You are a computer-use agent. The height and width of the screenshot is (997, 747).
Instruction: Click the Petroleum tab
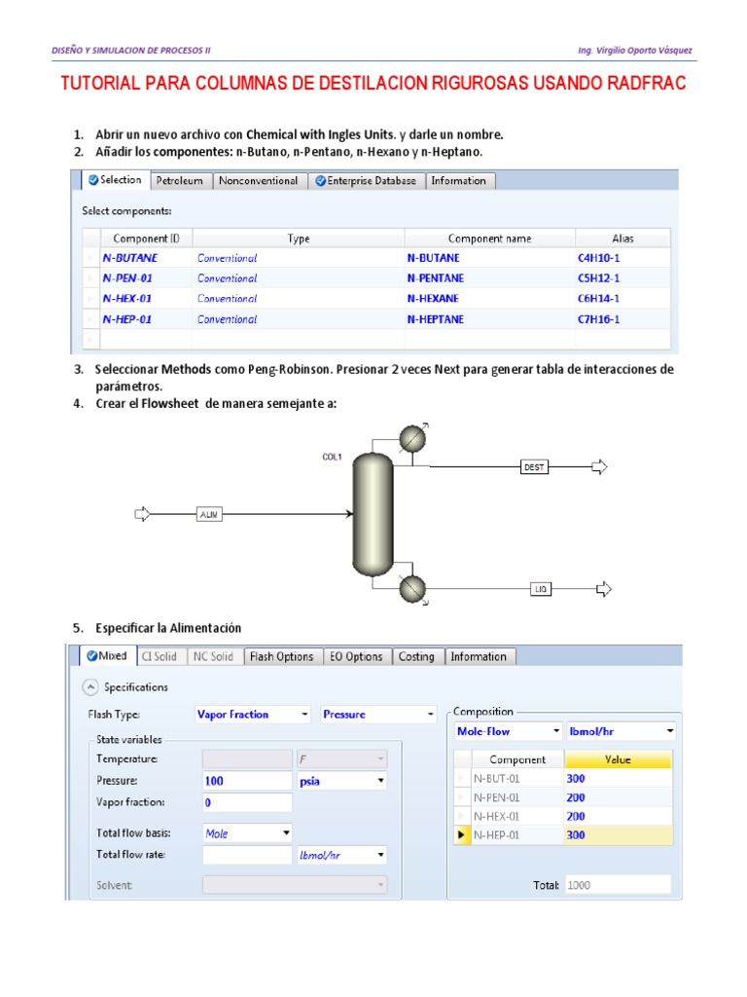[x=180, y=181]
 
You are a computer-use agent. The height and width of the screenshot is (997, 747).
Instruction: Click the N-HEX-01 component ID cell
[x=127, y=299]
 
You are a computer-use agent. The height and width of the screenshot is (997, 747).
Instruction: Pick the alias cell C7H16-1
[x=598, y=319]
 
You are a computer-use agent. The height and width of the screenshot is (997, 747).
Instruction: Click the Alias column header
[x=622, y=239]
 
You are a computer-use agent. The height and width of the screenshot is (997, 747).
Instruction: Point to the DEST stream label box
[x=535, y=467]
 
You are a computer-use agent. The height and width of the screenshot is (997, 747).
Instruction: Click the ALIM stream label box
[x=209, y=514]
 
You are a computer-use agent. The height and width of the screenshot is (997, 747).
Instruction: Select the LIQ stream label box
[x=542, y=589]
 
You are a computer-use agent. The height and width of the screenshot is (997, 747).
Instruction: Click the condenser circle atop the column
[x=412, y=440]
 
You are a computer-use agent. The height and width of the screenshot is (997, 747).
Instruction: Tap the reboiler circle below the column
[x=413, y=589]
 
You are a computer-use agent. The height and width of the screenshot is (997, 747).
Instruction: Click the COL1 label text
[x=332, y=457]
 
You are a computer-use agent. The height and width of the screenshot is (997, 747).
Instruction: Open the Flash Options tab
[x=281, y=657]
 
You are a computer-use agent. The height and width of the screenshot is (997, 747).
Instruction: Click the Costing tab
[x=416, y=657]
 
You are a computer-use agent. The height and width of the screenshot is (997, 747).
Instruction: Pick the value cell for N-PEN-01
[x=618, y=797]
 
